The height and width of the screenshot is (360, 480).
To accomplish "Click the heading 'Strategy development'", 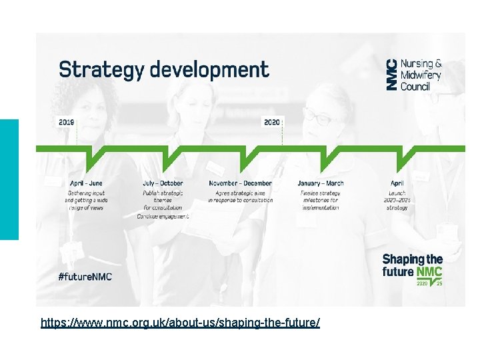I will coord(164,70).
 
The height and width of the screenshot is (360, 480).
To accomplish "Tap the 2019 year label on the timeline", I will coord(67,123).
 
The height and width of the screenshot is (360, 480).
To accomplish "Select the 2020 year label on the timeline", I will coord(272,123).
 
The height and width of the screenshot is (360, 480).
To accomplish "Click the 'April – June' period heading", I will coord(87,183).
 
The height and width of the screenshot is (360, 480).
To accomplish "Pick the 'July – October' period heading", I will coord(163,183).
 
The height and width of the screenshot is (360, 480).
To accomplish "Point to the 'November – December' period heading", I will coord(240,183).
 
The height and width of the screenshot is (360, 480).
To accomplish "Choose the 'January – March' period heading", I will coord(321,183).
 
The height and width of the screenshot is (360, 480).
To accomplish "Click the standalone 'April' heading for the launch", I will coord(397,183).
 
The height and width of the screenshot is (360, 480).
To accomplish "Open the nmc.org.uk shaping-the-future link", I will coord(180,323).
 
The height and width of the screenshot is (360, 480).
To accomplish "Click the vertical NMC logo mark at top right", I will coord(392,75).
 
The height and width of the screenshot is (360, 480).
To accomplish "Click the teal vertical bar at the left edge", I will coord(9,179).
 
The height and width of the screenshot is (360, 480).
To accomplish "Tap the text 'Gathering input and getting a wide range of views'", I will coord(87,200).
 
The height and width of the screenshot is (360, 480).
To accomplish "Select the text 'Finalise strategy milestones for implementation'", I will coord(320,200).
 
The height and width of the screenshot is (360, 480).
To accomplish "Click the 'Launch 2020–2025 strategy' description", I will coord(397,200).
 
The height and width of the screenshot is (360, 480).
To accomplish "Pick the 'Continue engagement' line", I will coord(163,217).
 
